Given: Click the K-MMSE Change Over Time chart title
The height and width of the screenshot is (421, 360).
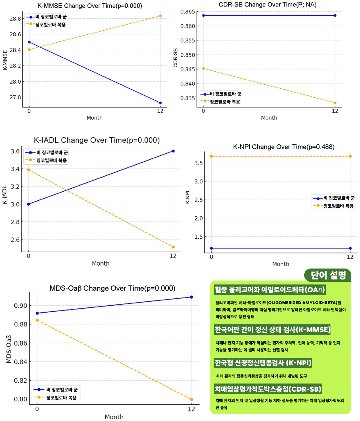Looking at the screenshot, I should click(90, 6).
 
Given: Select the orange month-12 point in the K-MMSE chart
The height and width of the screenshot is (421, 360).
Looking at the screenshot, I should click(160, 16).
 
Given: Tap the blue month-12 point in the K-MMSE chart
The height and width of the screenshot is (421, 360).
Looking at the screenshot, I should click(160, 103).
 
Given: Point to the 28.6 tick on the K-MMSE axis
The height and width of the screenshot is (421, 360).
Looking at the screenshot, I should click(15, 34).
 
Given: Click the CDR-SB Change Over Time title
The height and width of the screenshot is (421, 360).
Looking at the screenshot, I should click(267, 5).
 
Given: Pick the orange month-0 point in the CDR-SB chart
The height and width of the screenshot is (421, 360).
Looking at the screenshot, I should click(204, 69).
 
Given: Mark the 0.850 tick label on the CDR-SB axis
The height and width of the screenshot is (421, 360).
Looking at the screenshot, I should click(188, 55).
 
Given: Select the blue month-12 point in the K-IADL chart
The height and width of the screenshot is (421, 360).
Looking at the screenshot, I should click(173, 151).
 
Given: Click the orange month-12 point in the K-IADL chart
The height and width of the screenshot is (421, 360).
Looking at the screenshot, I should click(173, 247).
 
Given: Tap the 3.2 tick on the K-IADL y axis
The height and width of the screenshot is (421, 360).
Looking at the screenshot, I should click(15, 187).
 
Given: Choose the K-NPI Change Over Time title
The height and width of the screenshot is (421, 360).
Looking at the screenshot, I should click(284, 147).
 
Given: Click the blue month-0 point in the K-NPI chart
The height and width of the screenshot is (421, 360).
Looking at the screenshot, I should click(211, 248).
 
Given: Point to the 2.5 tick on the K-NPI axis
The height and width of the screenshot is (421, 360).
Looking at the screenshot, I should click(199, 200).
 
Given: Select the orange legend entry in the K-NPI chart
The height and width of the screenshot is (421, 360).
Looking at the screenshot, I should click(334, 206).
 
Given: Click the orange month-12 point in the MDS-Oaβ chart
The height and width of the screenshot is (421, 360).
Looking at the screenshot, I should click(192, 400).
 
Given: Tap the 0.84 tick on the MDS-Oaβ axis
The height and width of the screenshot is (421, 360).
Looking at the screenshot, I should click(21, 362).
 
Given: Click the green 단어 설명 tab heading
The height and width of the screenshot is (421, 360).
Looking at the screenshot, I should click(328, 275).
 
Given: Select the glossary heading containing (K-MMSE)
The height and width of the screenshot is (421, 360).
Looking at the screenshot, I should click(272, 330).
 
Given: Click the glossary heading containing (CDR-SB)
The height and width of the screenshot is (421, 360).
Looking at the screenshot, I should click(268, 389).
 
